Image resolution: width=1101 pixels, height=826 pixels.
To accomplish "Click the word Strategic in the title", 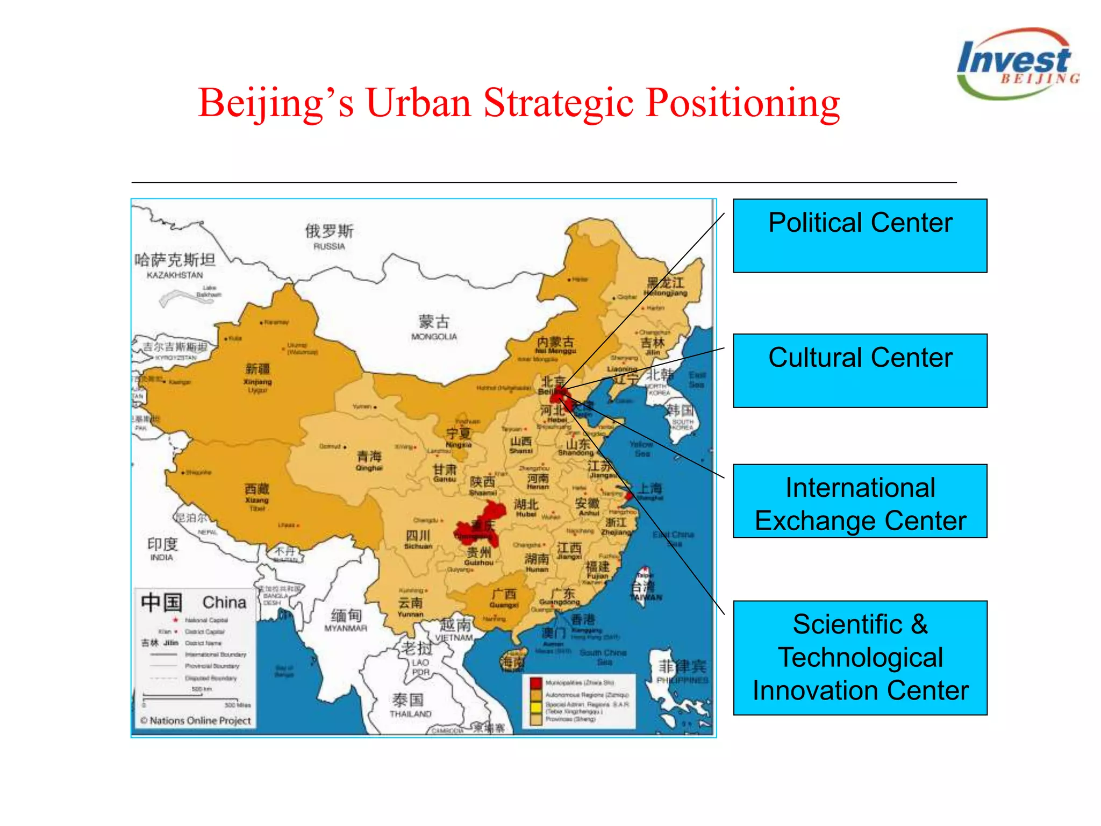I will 559,103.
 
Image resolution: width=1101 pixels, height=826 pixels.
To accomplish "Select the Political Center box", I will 860,236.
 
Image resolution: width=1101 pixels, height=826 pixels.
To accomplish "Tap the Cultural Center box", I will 860,371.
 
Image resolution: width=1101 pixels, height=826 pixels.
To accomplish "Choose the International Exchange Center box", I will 860,501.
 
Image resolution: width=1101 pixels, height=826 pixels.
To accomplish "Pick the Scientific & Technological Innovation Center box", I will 860,658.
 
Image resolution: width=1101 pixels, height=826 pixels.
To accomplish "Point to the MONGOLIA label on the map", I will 434,337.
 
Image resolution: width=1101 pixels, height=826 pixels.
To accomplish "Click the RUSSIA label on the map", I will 329,246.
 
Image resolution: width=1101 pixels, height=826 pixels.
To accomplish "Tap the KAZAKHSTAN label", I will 175,275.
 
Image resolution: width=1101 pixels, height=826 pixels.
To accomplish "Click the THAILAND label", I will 410,714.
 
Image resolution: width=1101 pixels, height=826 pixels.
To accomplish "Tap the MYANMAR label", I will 346,628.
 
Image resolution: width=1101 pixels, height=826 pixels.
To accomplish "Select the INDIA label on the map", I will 161,557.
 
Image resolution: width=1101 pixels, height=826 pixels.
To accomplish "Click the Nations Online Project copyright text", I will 196,721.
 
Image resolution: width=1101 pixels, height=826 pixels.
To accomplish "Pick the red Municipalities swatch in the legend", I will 535,683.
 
